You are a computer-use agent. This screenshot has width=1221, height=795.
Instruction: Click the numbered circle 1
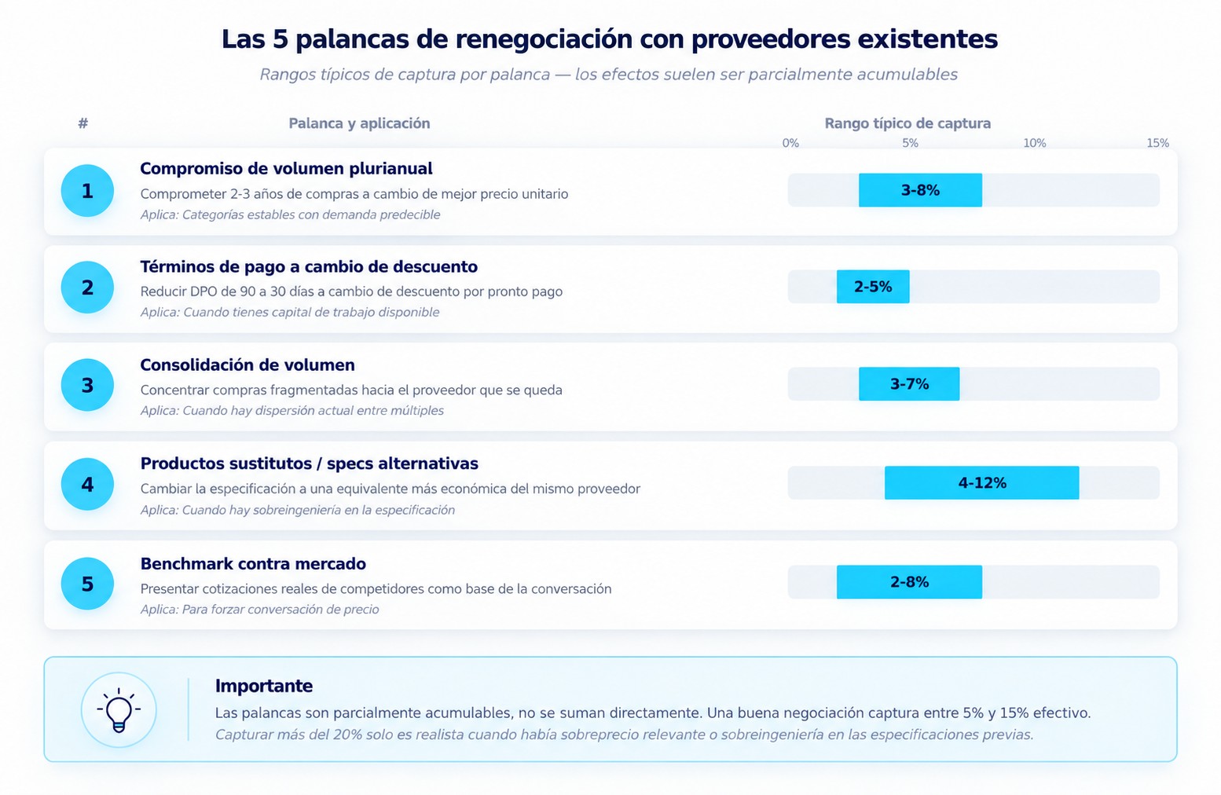click(87, 191)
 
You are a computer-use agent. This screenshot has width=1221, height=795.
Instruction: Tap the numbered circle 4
click(87, 484)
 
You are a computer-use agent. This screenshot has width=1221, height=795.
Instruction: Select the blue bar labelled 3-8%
click(920, 190)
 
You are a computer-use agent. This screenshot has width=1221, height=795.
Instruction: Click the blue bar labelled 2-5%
click(873, 287)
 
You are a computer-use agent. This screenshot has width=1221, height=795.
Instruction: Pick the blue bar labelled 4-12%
click(981, 483)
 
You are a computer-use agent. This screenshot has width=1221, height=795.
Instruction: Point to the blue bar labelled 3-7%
click(909, 384)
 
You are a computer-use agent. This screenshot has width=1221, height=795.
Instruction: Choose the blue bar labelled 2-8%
click(909, 582)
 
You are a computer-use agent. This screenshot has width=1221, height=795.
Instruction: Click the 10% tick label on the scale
click(1034, 143)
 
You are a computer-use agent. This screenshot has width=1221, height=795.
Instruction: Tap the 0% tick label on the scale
click(790, 143)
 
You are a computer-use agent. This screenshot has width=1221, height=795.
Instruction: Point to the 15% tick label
click(1157, 143)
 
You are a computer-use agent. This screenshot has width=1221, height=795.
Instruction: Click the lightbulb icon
click(119, 710)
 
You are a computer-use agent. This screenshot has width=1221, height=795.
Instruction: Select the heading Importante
click(264, 686)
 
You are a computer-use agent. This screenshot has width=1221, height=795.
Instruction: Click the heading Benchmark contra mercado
click(253, 563)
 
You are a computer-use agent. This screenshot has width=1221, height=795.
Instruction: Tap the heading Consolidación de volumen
click(247, 365)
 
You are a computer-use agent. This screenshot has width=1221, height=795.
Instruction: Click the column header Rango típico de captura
click(907, 123)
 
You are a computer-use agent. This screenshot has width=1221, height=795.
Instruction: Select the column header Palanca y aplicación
click(359, 123)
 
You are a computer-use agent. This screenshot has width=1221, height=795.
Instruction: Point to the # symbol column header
click(82, 123)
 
